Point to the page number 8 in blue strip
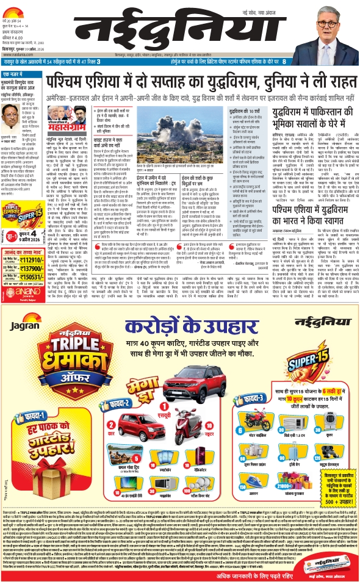(x=352, y=62)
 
